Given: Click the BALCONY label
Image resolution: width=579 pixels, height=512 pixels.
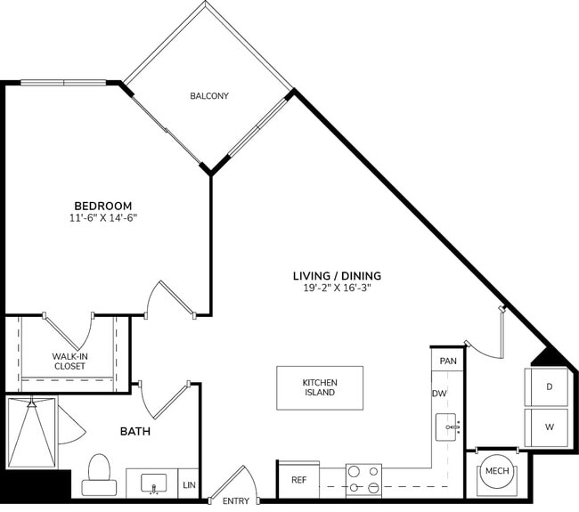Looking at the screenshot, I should (x=208, y=96).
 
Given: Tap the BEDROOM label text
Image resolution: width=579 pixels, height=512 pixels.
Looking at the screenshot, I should (x=102, y=204).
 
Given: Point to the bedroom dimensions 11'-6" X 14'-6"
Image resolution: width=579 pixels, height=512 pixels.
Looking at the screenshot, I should (x=102, y=217).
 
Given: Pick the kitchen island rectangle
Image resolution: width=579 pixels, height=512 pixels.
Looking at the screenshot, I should (x=319, y=387).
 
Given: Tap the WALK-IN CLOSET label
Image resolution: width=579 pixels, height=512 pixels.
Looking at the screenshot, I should (x=69, y=362).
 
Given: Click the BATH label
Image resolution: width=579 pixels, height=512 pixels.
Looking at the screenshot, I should (x=135, y=432).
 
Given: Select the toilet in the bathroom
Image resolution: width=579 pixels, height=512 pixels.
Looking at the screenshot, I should (x=99, y=475).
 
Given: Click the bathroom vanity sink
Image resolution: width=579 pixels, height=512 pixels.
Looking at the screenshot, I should (x=153, y=484).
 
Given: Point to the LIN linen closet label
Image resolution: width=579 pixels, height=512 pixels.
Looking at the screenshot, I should (x=188, y=485).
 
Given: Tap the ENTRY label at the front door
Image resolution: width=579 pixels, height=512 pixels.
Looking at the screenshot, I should (x=235, y=501).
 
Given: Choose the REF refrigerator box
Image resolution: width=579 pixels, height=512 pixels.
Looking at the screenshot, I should (x=298, y=480).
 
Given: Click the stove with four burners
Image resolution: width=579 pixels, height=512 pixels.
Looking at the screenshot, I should (x=363, y=480).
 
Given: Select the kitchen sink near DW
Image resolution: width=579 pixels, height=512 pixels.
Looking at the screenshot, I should (x=447, y=427).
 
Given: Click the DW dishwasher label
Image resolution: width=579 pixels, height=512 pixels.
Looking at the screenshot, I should (x=439, y=394).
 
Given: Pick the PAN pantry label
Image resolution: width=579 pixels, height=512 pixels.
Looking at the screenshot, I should (x=448, y=361).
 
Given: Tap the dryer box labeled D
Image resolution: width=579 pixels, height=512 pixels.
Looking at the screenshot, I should (x=549, y=386).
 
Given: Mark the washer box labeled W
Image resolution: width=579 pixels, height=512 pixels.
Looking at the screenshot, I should (x=549, y=427).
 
